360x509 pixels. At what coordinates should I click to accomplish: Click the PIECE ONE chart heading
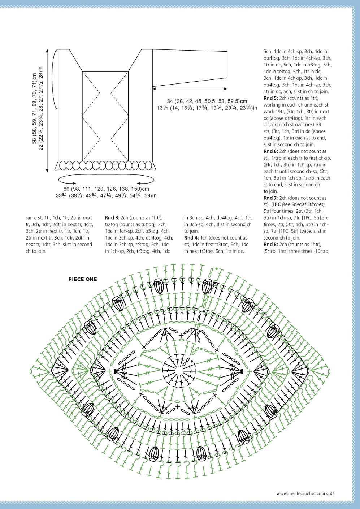83,279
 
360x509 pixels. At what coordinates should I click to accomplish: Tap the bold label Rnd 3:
112,218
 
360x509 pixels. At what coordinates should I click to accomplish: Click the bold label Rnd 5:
271,98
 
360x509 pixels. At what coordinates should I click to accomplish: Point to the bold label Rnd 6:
271,151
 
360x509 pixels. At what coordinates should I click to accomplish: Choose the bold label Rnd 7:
271,198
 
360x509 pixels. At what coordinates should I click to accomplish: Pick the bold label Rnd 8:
271,245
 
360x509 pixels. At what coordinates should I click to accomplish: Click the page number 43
332,493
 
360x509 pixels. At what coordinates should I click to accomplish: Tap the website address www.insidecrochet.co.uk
302,493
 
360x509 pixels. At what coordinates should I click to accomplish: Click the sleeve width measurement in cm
207,101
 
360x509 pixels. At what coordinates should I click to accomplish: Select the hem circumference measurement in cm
106,189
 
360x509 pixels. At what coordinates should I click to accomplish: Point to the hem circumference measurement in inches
106,196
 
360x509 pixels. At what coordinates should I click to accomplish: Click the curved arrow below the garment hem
106,179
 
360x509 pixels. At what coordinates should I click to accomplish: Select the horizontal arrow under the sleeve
190,89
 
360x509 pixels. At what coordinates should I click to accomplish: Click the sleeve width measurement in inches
207,108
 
